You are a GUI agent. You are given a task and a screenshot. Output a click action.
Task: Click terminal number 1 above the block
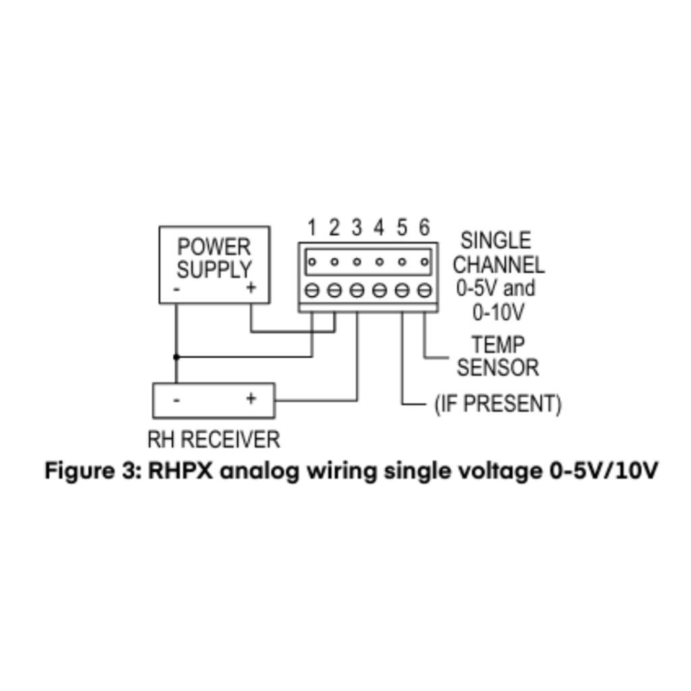(x=312, y=228)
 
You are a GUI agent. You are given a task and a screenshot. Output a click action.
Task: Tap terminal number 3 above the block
(x=357, y=228)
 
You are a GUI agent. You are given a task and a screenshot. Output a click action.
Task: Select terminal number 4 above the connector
(x=379, y=228)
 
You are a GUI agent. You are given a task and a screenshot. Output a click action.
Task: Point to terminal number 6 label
(x=424, y=228)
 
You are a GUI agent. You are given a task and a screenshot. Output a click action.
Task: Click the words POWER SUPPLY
(x=214, y=258)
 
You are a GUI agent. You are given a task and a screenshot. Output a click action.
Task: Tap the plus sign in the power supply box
(x=250, y=288)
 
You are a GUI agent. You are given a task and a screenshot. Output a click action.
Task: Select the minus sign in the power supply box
(x=177, y=289)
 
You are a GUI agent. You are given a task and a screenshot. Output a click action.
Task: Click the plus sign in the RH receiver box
(x=251, y=399)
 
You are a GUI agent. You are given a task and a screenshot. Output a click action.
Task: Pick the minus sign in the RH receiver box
(x=176, y=399)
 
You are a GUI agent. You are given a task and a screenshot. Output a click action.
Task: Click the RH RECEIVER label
(x=213, y=440)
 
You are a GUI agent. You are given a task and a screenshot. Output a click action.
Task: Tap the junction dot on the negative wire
(x=176, y=356)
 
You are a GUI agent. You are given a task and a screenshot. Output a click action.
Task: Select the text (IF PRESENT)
(x=498, y=404)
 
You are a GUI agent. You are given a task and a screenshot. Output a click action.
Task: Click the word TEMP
(x=498, y=345)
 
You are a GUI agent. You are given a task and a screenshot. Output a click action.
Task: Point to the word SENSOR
(x=498, y=368)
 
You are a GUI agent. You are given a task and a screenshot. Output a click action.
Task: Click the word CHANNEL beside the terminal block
(x=498, y=265)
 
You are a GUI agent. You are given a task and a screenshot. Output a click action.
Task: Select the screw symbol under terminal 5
(x=402, y=291)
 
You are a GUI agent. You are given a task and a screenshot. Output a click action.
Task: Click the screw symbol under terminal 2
(x=335, y=291)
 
